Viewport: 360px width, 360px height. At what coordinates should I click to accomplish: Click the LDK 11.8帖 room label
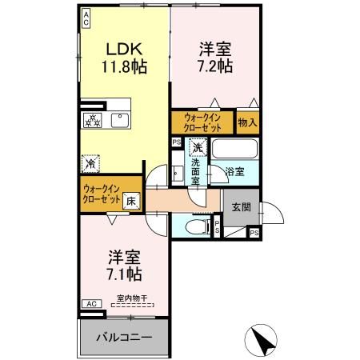click(x=122, y=58)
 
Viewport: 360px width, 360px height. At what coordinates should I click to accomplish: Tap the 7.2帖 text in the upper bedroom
click(x=215, y=66)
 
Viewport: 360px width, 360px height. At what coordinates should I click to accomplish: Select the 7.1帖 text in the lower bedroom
click(x=125, y=274)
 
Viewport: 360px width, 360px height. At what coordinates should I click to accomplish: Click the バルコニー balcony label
click(x=124, y=338)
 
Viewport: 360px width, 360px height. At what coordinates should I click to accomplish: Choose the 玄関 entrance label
click(x=241, y=206)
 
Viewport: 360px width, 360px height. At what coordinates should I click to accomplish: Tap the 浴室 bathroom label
click(x=234, y=171)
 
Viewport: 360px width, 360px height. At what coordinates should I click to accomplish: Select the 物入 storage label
click(x=247, y=122)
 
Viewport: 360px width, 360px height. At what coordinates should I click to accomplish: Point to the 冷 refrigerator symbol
click(x=90, y=163)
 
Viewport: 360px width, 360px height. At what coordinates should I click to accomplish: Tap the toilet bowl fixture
click(x=192, y=227)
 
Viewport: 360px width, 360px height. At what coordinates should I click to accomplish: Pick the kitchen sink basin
click(x=121, y=121)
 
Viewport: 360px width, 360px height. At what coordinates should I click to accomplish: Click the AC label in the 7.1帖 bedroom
click(x=91, y=303)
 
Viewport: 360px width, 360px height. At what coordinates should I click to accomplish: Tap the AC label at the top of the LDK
click(x=86, y=18)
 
